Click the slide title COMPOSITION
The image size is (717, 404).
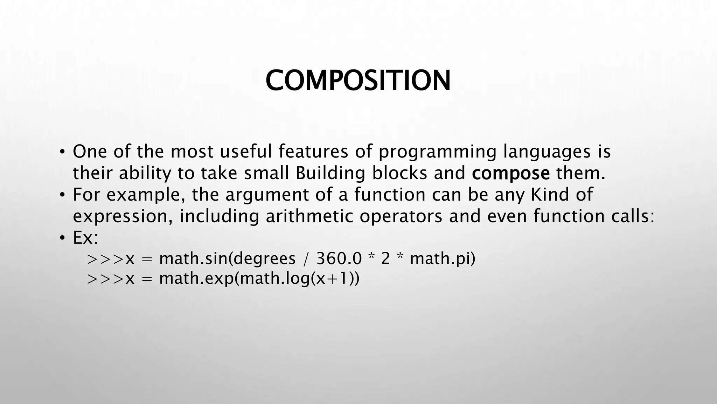pos(358,81)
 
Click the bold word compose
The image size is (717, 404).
pos(510,173)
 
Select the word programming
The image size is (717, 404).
pos(437,152)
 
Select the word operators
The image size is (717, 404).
pos(401,216)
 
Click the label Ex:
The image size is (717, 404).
pos(85,238)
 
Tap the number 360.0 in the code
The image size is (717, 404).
pos(339,259)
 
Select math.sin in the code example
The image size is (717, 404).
pos(194,259)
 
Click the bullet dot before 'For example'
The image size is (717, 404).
pos(62,195)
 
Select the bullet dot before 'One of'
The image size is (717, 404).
pos(62,152)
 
